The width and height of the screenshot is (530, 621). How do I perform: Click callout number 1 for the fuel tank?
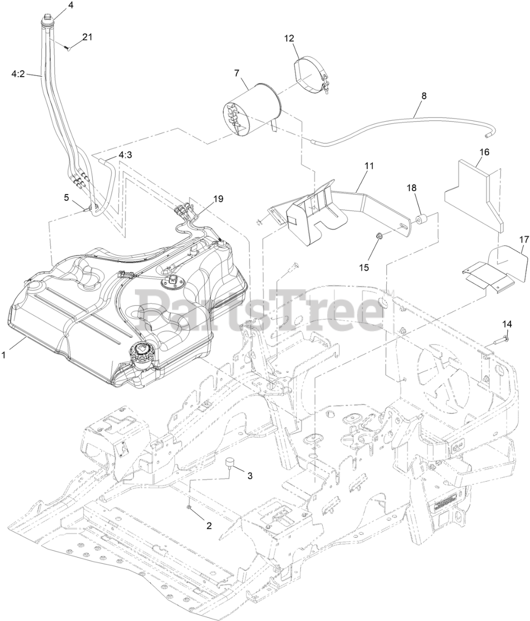pos(4,355)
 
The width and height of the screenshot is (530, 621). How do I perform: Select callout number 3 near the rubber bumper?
pos(250,475)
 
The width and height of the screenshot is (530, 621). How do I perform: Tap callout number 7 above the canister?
pos(236,73)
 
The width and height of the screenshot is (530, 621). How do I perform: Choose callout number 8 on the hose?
pos(424,96)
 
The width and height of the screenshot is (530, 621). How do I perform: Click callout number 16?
pos(484,152)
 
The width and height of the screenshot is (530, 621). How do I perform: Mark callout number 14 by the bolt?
pos(507,324)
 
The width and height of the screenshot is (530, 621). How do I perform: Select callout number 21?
pos(87,37)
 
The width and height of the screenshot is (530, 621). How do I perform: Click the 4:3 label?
pos(125,155)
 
